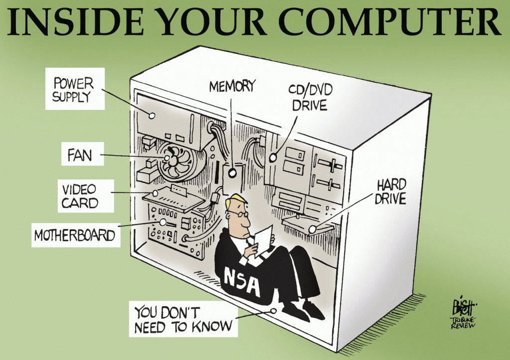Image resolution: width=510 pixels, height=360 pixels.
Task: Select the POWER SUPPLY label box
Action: pyautogui.click(x=75, y=89)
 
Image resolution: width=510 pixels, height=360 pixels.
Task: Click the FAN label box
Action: pyautogui.click(x=83, y=154)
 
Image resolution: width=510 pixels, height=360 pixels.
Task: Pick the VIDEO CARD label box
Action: pyautogui.click(x=86, y=196)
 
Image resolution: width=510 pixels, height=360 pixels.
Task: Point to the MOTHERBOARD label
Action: pyautogui.click(x=76, y=235)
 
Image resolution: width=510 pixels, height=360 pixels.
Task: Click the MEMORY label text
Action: pyautogui.click(x=232, y=87)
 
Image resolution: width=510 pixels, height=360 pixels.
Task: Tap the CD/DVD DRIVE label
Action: pyautogui.click(x=310, y=98)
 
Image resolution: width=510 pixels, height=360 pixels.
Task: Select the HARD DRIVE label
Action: pyautogui.click(x=390, y=192)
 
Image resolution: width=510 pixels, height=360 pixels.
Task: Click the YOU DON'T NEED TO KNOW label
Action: pyautogui.click(x=183, y=319)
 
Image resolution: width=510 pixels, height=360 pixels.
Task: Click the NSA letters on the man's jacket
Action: pyautogui.click(x=243, y=282)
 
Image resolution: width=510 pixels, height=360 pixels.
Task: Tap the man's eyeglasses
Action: pyautogui.click(x=239, y=214)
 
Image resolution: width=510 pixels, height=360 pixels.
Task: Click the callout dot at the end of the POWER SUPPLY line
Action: pyautogui.click(x=151, y=116)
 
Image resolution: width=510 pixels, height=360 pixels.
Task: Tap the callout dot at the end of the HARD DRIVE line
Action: pyautogui.click(x=312, y=229)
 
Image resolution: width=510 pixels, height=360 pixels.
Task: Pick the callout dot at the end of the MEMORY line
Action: pyautogui.click(x=232, y=173)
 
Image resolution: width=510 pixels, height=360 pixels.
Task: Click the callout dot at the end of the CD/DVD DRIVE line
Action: pyautogui.click(x=273, y=158)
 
